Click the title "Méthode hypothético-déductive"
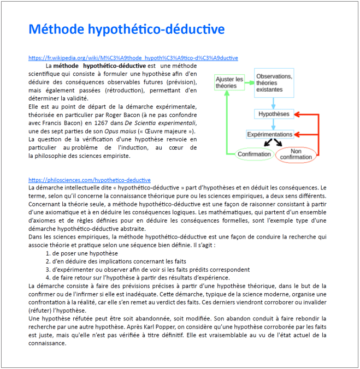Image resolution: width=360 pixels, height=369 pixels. [x=126, y=29]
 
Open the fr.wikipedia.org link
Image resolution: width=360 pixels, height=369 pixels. [x=133, y=57]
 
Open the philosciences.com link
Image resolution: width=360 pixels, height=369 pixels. [x=89, y=180]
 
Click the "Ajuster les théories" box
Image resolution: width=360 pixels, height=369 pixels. [x=229, y=82]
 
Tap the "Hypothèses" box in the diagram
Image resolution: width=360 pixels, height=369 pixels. [x=274, y=114]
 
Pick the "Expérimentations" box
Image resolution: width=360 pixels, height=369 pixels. [x=270, y=134]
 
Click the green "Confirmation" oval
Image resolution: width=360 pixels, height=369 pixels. [x=254, y=154]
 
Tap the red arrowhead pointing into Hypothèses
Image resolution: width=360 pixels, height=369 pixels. [x=298, y=114]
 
